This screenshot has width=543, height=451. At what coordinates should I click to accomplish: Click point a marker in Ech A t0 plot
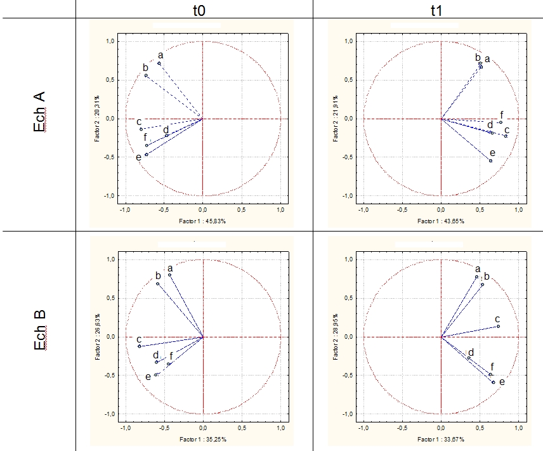(x=159, y=63)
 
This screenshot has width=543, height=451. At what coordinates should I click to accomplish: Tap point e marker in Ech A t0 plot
(x=147, y=154)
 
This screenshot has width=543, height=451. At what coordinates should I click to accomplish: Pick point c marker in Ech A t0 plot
(x=141, y=129)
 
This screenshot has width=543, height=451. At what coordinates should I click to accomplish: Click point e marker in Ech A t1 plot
(x=490, y=161)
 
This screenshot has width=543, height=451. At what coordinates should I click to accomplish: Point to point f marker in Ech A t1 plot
(x=500, y=122)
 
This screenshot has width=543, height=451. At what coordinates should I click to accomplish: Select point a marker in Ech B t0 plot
(x=170, y=275)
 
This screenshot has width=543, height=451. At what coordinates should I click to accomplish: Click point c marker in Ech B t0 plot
(x=140, y=346)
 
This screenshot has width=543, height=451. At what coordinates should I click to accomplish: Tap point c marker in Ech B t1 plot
(x=498, y=327)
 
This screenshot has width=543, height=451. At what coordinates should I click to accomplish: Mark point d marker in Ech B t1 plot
(x=469, y=358)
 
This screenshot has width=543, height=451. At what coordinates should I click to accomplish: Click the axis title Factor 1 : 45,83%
(x=202, y=221)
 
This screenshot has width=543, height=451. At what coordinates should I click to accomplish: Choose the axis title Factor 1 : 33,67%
(x=440, y=439)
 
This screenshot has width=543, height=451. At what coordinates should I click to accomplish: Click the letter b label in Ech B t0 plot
(x=158, y=276)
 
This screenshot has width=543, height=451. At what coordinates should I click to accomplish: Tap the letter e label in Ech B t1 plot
(x=502, y=382)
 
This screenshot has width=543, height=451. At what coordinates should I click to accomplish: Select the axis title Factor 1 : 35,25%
(x=202, y=439)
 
